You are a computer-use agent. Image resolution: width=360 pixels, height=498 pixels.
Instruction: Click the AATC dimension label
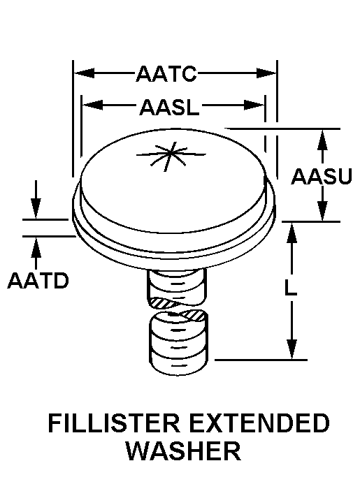pyautogui.click(x=166, y=73)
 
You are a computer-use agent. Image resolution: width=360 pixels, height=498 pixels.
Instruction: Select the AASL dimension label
pyautogui.click(x=169, y=107)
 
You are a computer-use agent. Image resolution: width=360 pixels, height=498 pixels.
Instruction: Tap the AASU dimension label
pyautogui.click(x=322, y=176)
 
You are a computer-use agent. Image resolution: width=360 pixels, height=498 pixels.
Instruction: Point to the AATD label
pyautogui.click(x=38, y=281)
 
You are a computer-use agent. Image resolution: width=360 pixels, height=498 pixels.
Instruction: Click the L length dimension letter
pyautogui.click(x=290, y=288)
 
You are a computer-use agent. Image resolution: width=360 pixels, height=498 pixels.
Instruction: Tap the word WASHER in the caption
pyautogui.click(x=184, y=451)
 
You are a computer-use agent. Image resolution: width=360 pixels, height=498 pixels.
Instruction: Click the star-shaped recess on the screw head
pyautogui.click(x=171, y=155)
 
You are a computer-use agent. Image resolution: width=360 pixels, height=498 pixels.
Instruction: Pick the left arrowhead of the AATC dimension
pyautogui.click(x=84, y=73)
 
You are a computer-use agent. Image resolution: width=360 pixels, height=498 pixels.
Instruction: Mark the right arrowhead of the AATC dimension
pyautogui.click(x=266, y=73)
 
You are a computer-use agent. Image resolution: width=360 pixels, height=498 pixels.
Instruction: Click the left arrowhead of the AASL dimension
pyautogui.click(x=92, y=105)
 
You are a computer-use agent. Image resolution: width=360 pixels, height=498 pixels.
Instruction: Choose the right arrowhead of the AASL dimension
pyautogui.click(x=254, y=105)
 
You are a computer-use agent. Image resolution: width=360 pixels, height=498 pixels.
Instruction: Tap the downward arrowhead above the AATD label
pyautogui.click(x=36, y=208)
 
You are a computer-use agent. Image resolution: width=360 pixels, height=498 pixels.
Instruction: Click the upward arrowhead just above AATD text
pyautogui.click(x=36, y=247)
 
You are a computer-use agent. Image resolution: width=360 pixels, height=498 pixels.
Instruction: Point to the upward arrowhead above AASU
pyautogui.click(x=322, y=140)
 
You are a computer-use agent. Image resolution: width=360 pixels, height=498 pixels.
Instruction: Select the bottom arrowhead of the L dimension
pyautogui.click(x=291, y=349)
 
